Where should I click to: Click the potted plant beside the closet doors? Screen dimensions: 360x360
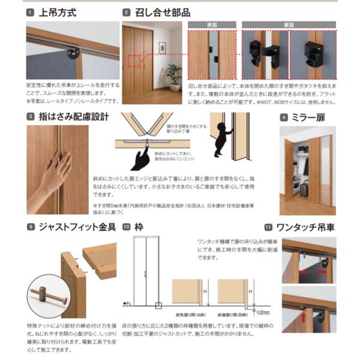click(174, 75)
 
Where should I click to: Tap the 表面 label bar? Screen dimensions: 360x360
click(212, 25)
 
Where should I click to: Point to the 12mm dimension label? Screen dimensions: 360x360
click(263, 312)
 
